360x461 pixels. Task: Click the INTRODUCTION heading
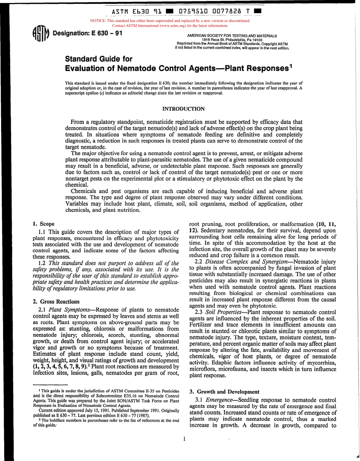pyautogui.click(x=183, y=109)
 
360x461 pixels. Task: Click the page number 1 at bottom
pyautogui.click(x=184, y=439)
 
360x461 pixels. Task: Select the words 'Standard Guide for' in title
pyautogui.click(x=99, y=59)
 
